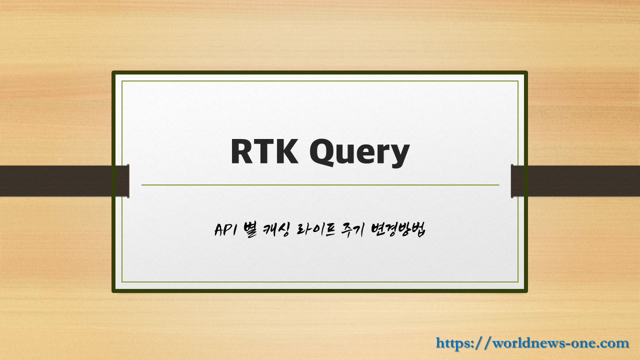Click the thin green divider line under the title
[x=320, y=185]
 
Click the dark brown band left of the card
[x=55, y=181]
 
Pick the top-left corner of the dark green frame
[x=114, y=73]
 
